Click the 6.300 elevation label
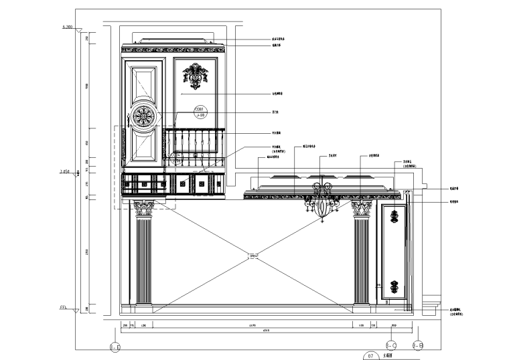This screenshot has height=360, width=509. click(x=66, y=27)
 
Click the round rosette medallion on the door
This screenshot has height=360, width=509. click(x=143, y=118)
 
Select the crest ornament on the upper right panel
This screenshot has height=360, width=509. click(x=196, y=76)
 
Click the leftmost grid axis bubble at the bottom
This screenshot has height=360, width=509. click(x=115, y=347)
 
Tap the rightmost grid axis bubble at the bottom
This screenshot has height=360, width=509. click(x=417, y=345)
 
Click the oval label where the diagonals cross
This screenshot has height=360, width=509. click(x=253, y=255)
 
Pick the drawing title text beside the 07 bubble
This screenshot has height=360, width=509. click(x=386, y=357)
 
